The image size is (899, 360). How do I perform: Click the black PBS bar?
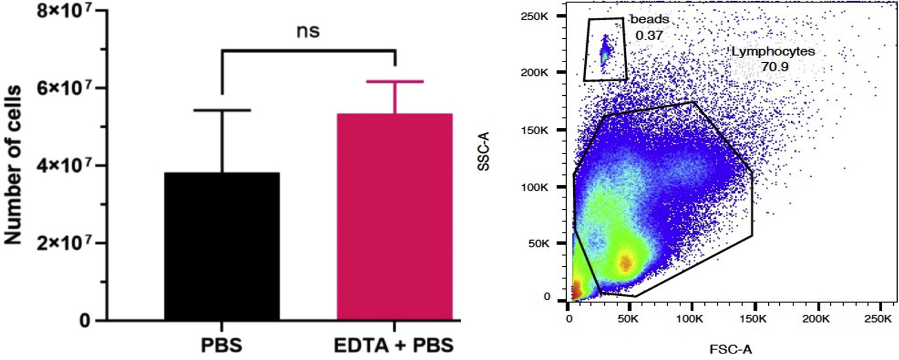(222, 246)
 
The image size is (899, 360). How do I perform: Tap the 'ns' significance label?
(308, 31)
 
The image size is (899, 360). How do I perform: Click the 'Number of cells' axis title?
(13, 165)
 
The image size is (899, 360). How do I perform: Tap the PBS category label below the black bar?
(222, 345)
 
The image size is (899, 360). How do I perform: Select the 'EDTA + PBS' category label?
(394, 345)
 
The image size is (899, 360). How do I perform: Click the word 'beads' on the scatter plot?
(649, 19)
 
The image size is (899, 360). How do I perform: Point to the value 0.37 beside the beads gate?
(649, 35)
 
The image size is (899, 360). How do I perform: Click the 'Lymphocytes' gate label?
(773, 52)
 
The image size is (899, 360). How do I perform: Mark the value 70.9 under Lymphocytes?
(774, 66)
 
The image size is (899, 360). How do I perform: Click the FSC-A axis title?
(730, 349)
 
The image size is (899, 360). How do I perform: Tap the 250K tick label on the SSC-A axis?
(535, 16)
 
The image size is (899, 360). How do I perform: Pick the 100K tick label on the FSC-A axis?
(689, 318)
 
